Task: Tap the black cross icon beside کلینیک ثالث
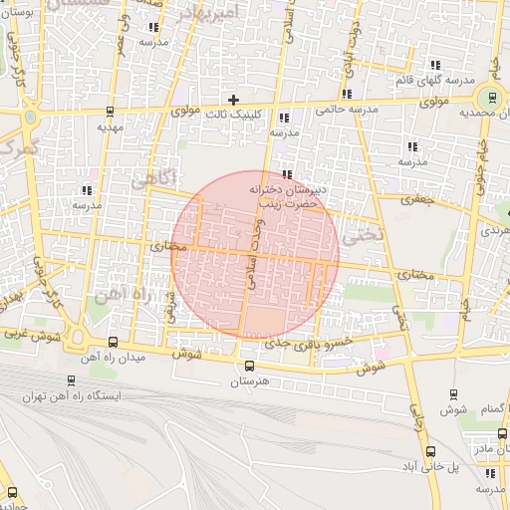(x=234, y=100)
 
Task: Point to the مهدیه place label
(x=110, y=127)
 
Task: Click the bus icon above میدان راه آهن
(x=111, y=341)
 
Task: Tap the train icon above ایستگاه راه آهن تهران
(x=70, y=380)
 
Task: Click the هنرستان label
(x=250, y=382)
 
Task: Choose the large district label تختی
(x=361, y=237)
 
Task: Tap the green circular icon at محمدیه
(x=489, y=100)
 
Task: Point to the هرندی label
(x=494, y=230)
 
